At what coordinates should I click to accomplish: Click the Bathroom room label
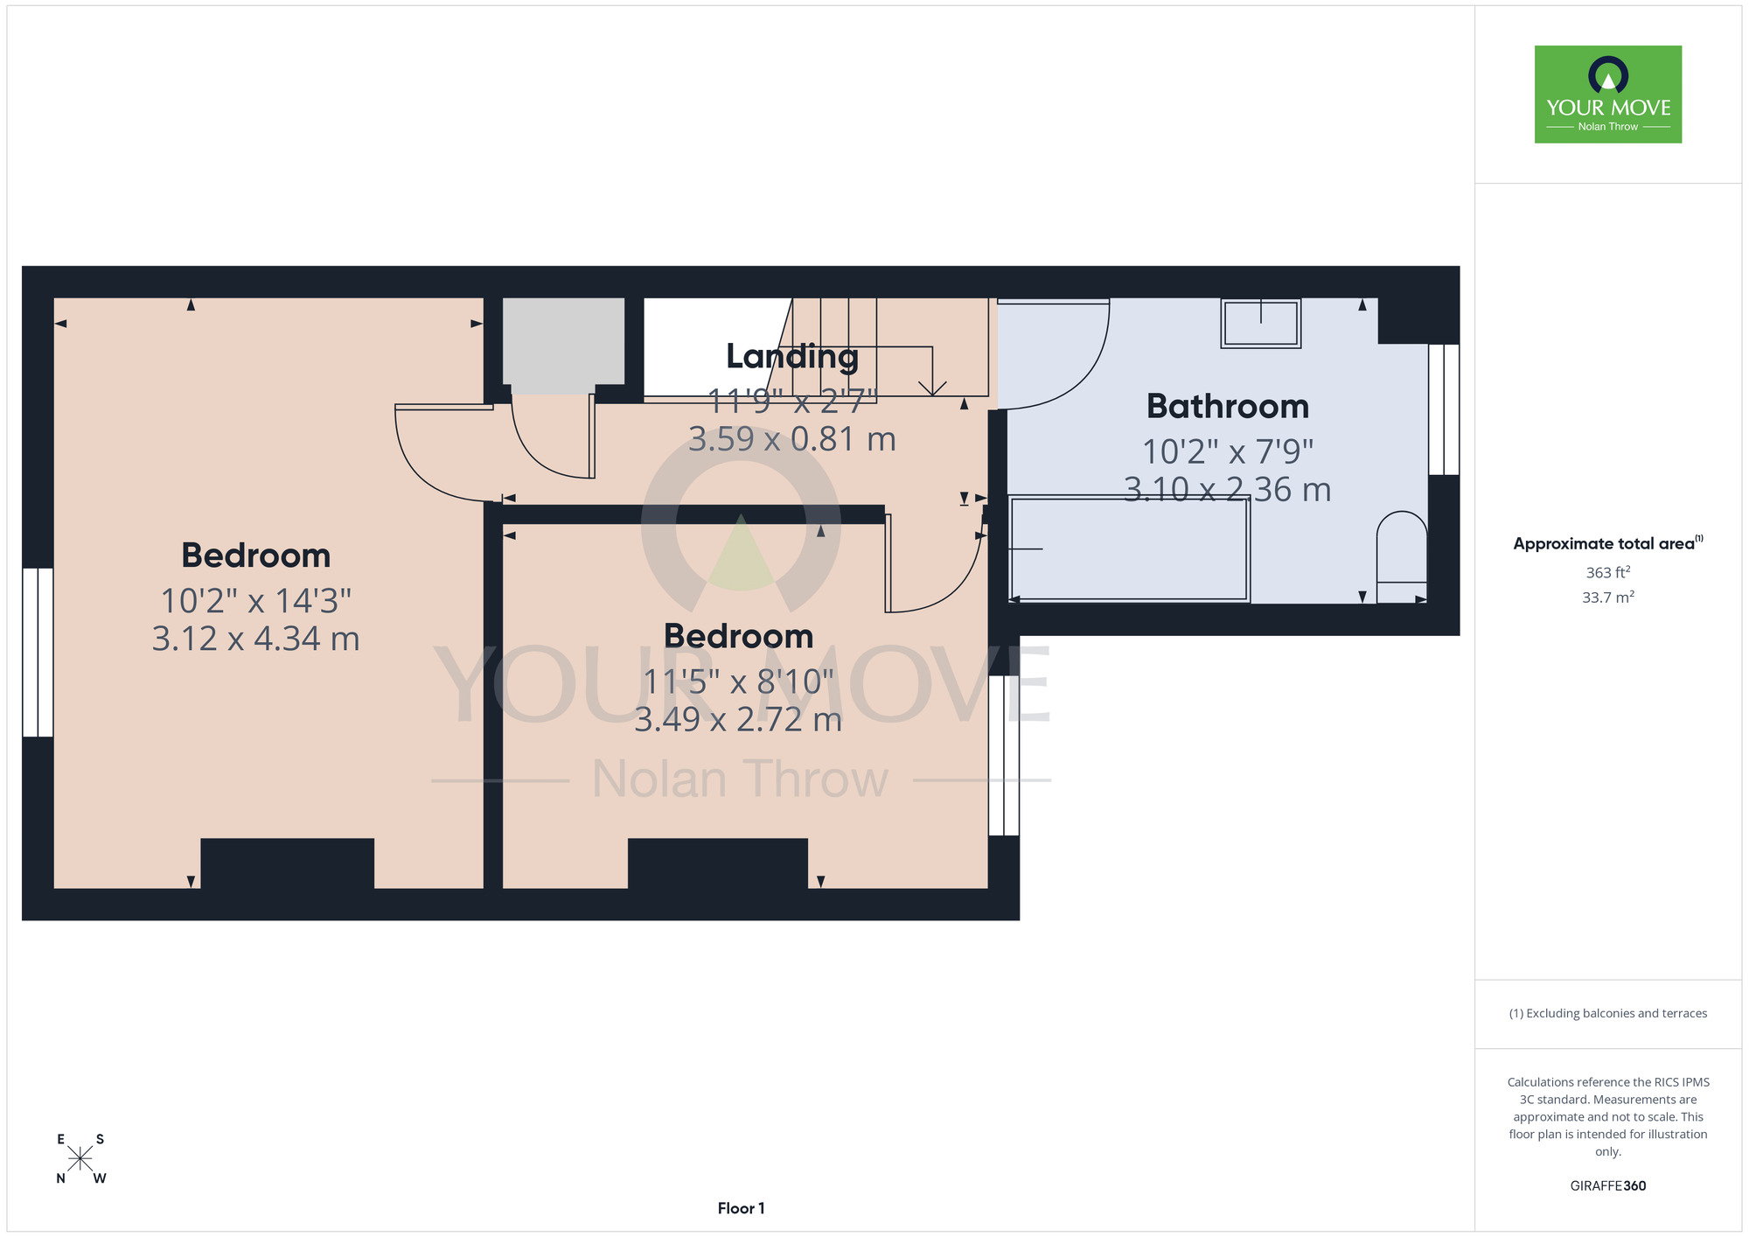click(x=1227, y=407)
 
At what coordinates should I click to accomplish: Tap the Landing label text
click(x=792, y=357)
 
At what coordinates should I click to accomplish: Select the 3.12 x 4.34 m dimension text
click(x=256, y=639)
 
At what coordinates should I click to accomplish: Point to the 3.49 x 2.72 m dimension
click(x=738, y=719)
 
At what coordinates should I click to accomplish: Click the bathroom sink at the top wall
click(x=1261, y=324)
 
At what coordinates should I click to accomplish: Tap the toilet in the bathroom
click(x=1402, y=557)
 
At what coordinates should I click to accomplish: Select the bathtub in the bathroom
click(x=1129, y=549)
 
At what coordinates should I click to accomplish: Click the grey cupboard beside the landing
click(x=563, y=345)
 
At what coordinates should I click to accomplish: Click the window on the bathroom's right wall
click(x=1444, y=409)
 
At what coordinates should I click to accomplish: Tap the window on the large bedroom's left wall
click(x=38, y=653)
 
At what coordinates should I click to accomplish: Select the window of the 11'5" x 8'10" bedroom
click(x=1004, y=756)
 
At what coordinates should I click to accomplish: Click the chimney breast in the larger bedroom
click(x=288, y=863)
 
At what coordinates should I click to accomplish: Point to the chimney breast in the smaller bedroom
click(x=718, y=863)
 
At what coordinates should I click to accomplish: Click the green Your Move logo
click(x=1608, y=94)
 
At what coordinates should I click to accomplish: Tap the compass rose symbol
click(x=80, y=1159)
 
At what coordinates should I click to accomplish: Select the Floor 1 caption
click(x=741, y=1208)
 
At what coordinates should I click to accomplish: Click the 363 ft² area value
click(x=1608, y=572)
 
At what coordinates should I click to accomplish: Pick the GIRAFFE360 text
click(x=1608, y=1186)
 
